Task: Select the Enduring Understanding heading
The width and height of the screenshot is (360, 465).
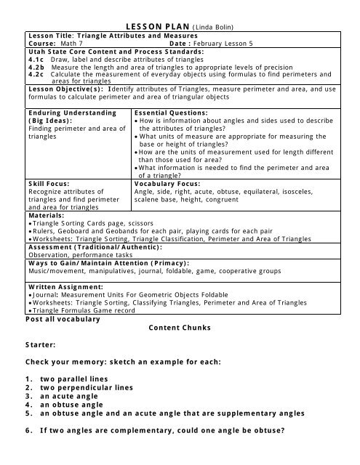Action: click(x=71, y=113)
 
